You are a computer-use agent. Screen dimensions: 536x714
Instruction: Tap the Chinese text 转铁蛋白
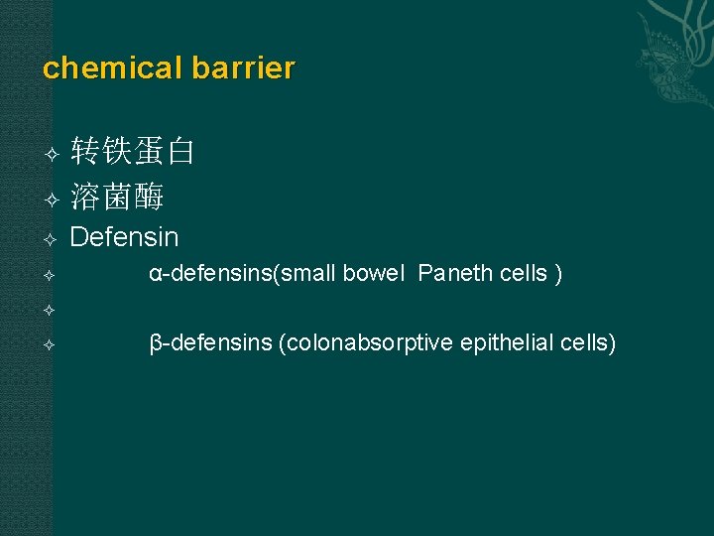pos(133,152)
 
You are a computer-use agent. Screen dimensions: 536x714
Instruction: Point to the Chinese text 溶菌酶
pos(117,198)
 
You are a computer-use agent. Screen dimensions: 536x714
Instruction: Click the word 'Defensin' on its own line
pos(125,238)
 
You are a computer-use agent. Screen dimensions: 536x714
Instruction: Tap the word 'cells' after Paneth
pos(522,274)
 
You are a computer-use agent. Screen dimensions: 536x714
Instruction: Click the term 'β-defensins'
pos(210,343)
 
